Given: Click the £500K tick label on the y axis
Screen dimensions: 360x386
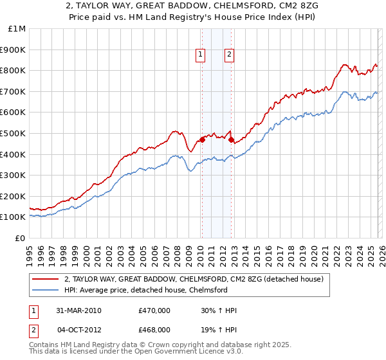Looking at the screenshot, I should (13, 133).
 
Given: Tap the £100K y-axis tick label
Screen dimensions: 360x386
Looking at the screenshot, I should (13, 217).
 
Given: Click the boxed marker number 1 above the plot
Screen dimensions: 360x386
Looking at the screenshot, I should (201, 55).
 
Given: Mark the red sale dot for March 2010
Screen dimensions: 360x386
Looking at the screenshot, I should (201, 139).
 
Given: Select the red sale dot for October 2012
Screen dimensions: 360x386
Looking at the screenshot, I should (230, 139).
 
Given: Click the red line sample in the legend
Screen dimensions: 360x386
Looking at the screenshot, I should (46, 279).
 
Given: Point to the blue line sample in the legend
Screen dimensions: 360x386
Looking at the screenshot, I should (46, 290).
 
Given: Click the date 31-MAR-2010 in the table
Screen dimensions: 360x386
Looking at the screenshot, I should (78, 310).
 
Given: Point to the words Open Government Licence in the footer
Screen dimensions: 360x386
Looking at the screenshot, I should (187, 352).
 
